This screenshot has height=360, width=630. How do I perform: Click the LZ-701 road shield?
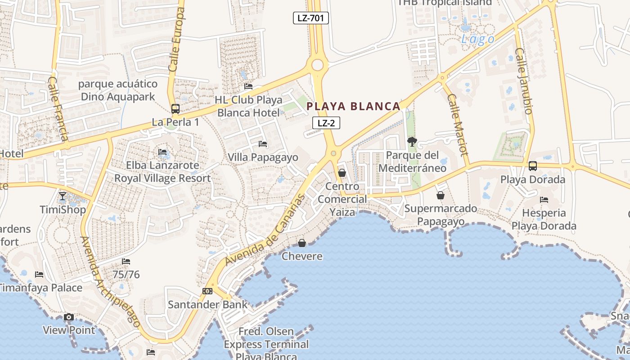[x=310, y=18]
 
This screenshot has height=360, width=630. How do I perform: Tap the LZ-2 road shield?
[x=326, y=123]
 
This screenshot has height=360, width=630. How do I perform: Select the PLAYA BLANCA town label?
[x=353, y=106]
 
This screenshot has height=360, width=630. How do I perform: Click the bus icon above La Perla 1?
[x=175, y=109]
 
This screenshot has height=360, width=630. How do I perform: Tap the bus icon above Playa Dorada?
[x=533, y=166]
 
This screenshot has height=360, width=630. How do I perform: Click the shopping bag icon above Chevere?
[x=302, y=243]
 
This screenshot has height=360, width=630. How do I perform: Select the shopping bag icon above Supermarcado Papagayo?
[x=441, y=195]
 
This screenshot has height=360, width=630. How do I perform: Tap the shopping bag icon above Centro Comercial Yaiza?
[x=342, y=173]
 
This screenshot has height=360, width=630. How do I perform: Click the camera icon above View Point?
[x=69, y=317]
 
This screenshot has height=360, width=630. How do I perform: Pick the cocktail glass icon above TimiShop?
[x=63, y=196]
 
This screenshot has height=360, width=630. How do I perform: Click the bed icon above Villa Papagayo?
[x=263, y=144]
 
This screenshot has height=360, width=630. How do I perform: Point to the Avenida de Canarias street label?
[x=265, y=229]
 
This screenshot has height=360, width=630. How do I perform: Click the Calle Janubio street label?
[x=524, y=81]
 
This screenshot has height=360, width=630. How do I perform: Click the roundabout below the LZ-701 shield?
[x=317, y=65]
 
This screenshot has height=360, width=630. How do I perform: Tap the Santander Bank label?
[x=207, y=304]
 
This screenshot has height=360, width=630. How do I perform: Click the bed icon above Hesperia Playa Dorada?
[x=544, y=199]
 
